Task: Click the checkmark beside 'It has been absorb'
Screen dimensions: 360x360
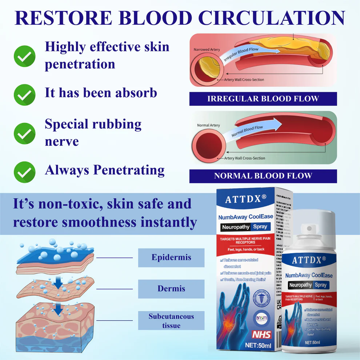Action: pos(24,95)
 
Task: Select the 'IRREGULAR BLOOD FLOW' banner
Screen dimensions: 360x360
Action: pos(263,99)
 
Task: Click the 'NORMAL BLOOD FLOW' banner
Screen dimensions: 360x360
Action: pos(263,176)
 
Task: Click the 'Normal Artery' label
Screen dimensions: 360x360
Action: pos(208,125)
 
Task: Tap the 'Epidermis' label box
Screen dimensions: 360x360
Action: pos(171,257)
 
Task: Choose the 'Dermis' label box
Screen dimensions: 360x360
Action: pos(171,289)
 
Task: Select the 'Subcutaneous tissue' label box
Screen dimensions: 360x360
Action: pos(171,320)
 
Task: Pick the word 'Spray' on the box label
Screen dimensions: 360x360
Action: pos(260,227)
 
